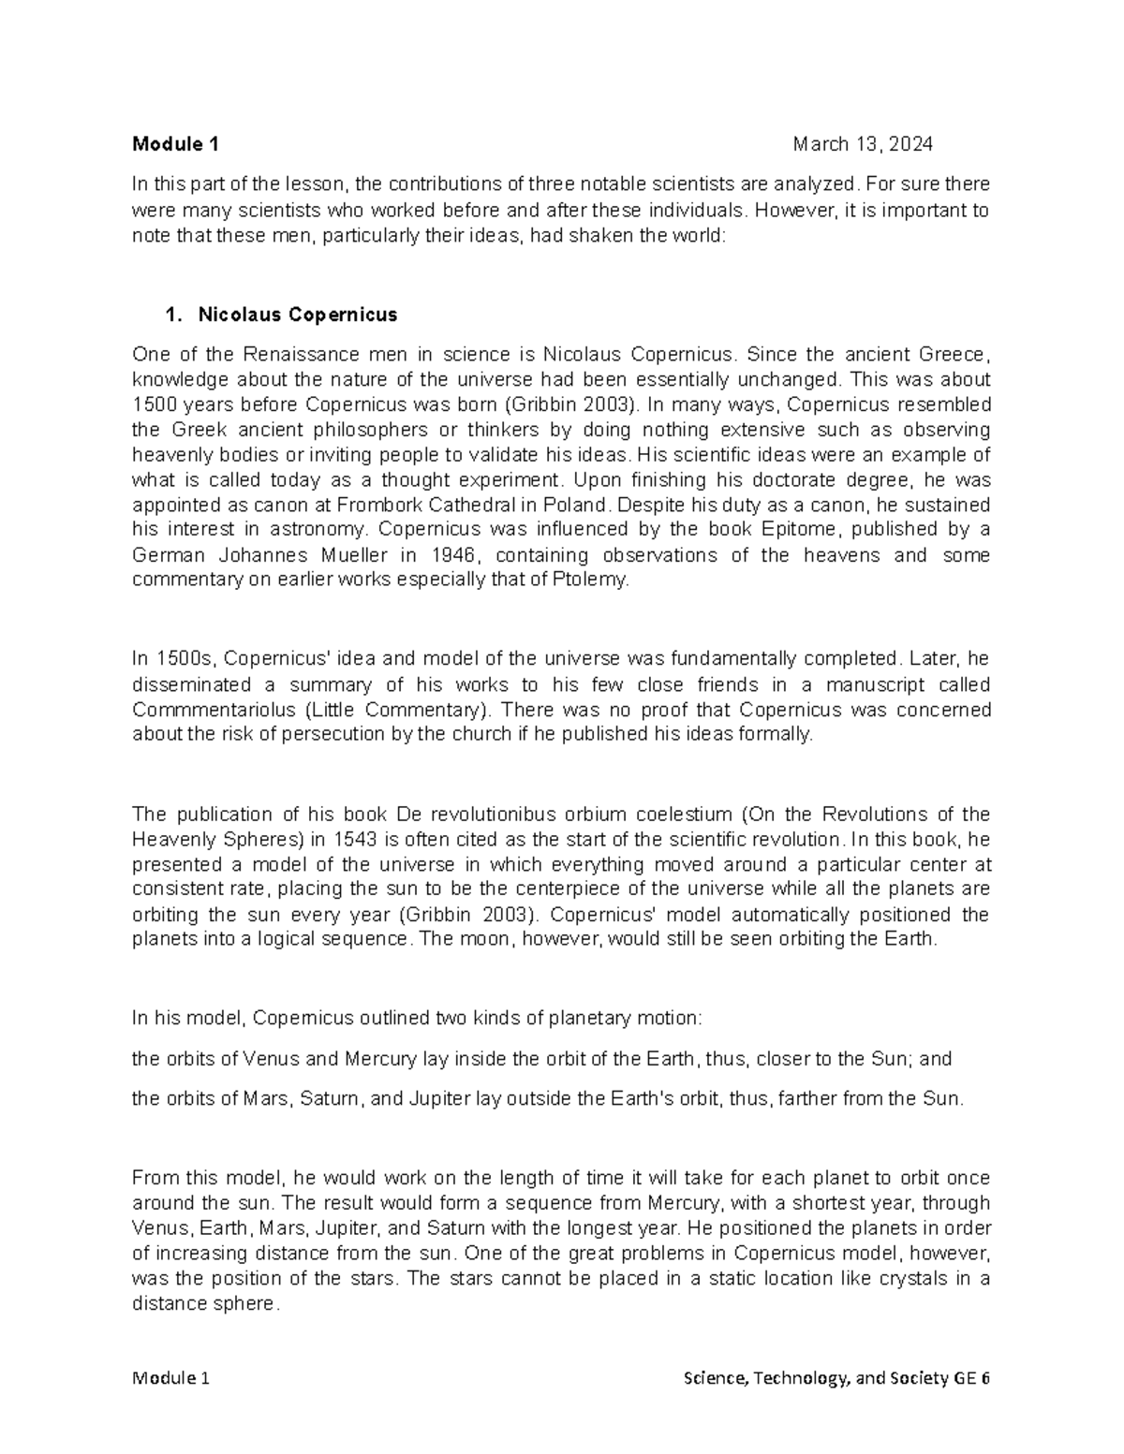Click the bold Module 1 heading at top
pos(175,144)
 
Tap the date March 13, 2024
pos(862,144)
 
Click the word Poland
pos(583,506)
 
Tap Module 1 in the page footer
pos(170,1379)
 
